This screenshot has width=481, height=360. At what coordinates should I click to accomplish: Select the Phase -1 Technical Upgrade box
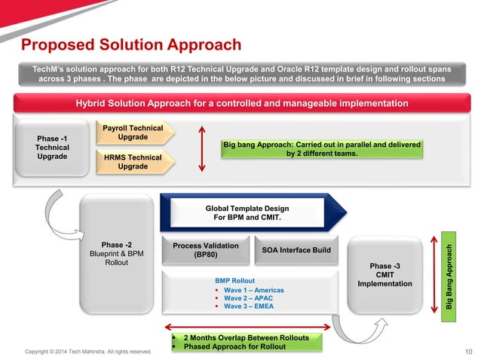coord(52,148)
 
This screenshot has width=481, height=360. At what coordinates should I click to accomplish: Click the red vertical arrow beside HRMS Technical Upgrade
coord(201,148)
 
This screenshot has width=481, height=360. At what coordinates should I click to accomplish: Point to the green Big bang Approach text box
coord(321,148)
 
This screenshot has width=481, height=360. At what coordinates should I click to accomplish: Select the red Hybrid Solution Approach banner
coord(241,103)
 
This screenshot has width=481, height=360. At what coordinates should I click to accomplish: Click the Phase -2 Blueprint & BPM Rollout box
coord(116,254)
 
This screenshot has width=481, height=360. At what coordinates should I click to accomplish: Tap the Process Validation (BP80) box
coord(205,250)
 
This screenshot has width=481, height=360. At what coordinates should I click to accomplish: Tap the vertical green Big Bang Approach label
coord(449,279)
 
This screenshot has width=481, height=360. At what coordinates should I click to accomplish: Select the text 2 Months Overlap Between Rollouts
coord(246,337)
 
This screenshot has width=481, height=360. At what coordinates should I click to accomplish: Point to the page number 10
coord(468,351)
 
